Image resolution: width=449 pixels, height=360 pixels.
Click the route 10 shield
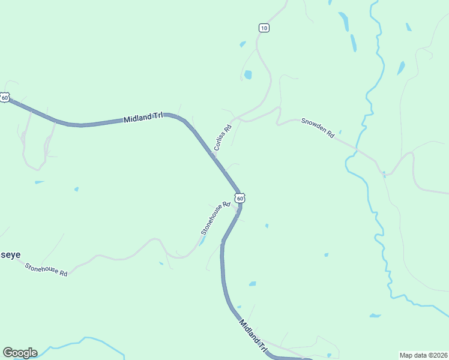[x=264, y=28]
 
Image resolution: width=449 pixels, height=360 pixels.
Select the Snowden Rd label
[x=318, y=128]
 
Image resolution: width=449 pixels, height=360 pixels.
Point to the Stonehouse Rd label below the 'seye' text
[x=46, y=269]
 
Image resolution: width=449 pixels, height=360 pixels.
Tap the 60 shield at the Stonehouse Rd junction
[x=240, y=198]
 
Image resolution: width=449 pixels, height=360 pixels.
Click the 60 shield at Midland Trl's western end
[x=5, y=97]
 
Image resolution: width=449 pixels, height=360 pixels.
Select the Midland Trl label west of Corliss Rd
[x=143, y=118]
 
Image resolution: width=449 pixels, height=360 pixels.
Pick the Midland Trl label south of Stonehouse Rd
[x=253, y=335]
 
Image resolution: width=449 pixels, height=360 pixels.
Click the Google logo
[x=20, y=353]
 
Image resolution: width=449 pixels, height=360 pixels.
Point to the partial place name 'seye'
[x=10, y=254]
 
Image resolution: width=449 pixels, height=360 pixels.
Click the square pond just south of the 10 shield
[x=247, y=75]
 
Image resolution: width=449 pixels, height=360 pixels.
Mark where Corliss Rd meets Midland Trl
[x=214, y=155]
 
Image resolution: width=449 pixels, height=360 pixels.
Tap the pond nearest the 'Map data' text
[x=375, y=315]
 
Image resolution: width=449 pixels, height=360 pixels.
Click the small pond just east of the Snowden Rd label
[x=340, y=132]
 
